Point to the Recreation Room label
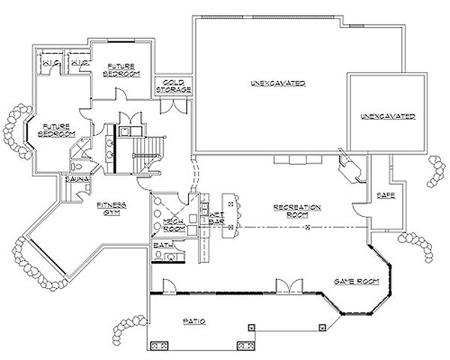tap(297, 209)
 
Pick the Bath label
tap(160, 245)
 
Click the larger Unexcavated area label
tap(267, 84)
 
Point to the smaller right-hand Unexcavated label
tap(387, 117)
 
